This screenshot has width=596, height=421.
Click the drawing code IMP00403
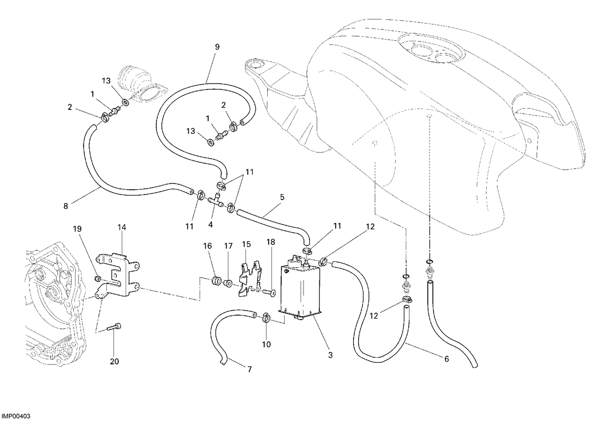pyautogui.click(x=16, y=416)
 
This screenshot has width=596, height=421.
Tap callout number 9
pyautogui.click(x=218, y=47)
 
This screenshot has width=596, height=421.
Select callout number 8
pyautogui.click(x=66, y=206)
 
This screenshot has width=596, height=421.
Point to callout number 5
pyautogui.click(x=282, y=197)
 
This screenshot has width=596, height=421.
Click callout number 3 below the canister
pyautogui.click(x=330, y=355)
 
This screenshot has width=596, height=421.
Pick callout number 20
pyautogui.click(x=114, y=362)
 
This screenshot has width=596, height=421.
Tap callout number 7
pyautogui.click(x=249, y=370)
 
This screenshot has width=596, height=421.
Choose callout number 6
pyautogui.click(x=447, y=359)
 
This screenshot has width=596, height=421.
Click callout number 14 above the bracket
pyautogui.click(x=122, y=227)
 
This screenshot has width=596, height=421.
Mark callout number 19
pyautogui.click(x=77, y=229)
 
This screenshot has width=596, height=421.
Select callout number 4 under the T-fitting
pyautogui.click(x=211, y=225)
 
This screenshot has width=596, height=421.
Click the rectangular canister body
pyautogui.click(x=300, y=292)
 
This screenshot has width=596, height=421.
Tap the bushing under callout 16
pyautogui.click(x=216, y=281)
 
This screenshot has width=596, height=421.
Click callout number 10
pyautogui.click(x=266, y=344)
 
